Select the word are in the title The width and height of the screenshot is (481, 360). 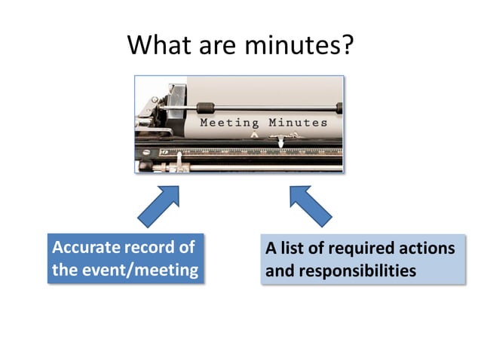pyautogui.click(x=219, y=47)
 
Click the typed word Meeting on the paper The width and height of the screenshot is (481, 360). pyautogui.click(x=229, y=123)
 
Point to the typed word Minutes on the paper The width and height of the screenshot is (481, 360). pyautogui.click(x=299, y=123)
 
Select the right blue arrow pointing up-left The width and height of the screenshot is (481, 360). pyautogui.click(x=310, y=206)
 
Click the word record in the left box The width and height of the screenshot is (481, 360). pyautogui.click(x=151, y=248)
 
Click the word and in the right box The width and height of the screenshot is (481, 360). pyautogui.click(x=280, y=270)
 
